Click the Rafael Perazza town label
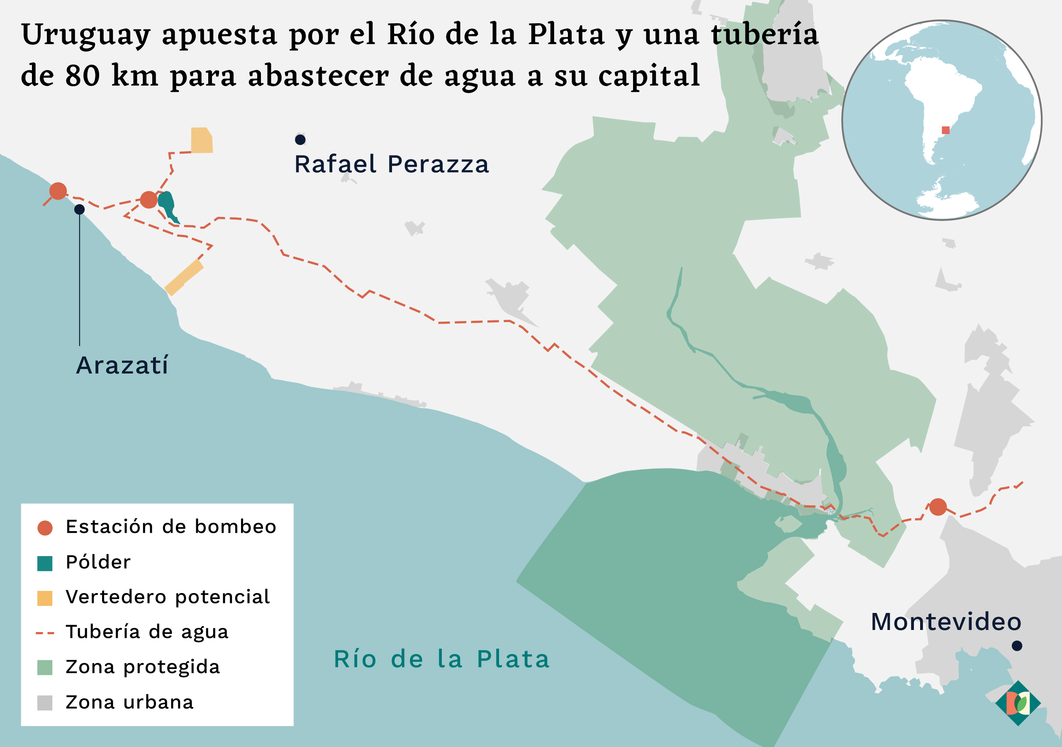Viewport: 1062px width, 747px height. coord(391,164)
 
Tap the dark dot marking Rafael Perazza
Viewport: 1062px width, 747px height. coord(300,139)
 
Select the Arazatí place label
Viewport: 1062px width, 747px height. coord(122,366)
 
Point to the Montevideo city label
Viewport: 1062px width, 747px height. coord(946,622)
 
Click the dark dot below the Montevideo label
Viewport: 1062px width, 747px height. coord(1017,646)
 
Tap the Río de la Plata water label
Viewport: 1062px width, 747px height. coord(442,659)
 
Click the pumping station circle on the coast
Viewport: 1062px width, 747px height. coord(58,190)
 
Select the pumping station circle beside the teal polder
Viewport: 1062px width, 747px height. coord(149,200)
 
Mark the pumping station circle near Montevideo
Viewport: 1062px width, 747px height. coord(938,507)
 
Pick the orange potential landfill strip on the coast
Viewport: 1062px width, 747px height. coord(184,277)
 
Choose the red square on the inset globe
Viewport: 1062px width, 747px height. coord(945,130)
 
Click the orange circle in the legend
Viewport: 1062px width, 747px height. coord(45,527)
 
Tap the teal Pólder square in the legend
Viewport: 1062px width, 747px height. coord(45,563)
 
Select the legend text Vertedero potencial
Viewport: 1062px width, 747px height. coord(168,597)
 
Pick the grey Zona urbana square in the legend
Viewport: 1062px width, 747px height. coord(45,703)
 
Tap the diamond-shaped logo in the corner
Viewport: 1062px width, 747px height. coord(1018,703)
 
